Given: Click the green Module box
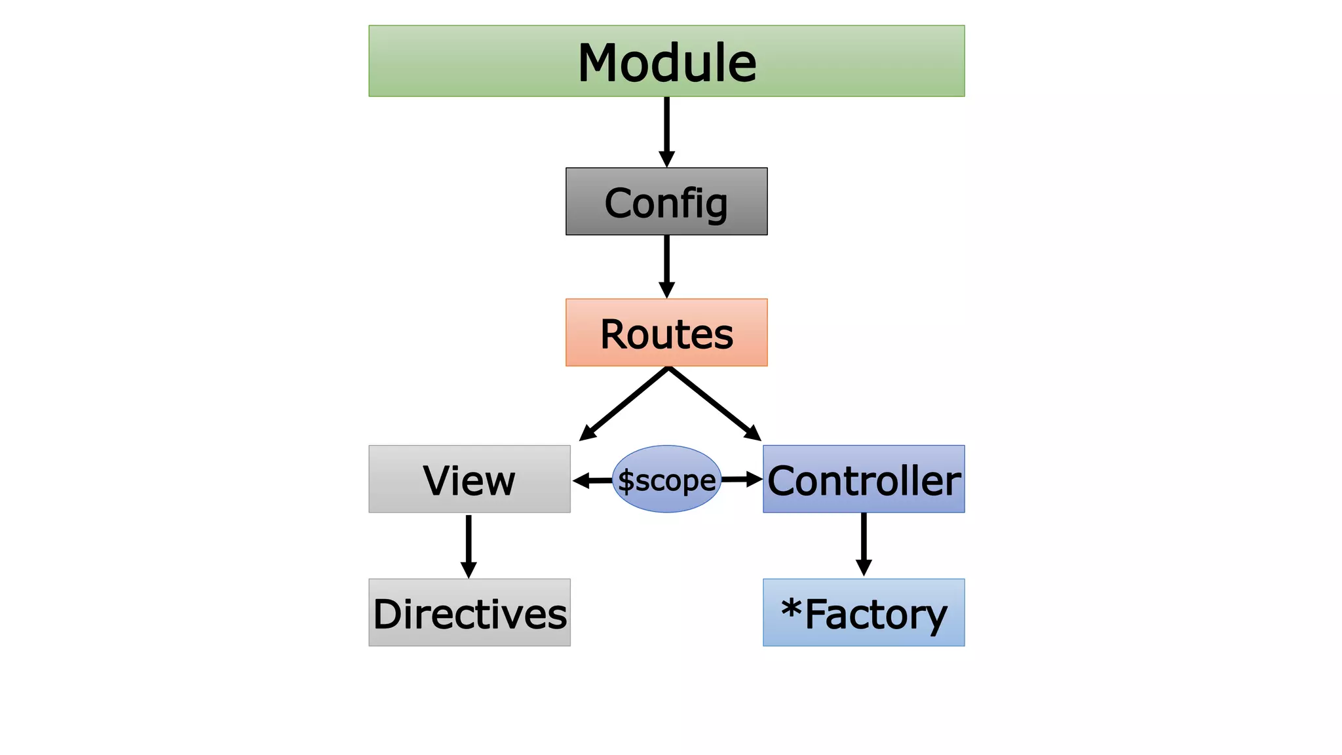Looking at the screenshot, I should click(x=666, y=61).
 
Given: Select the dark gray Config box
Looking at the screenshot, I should click(x=666, y=201).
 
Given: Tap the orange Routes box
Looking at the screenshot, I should click(x=666, y=332).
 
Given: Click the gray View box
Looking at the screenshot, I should click(x=469, y=479).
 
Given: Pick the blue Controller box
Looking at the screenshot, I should click(x=864, y=479).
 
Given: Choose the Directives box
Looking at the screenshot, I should click(x=469, y=613).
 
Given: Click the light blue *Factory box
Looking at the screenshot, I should click(x=864, y=613).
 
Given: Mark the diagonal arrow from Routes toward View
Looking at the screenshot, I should click(x=624, y=404).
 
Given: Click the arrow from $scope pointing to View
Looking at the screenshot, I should click(x=592, y=480).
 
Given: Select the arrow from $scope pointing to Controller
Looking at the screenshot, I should click(x=741, y=480).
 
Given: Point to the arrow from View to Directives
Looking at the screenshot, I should click(x=469, y=544).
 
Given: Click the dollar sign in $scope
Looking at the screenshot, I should click(x=626, y=481).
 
